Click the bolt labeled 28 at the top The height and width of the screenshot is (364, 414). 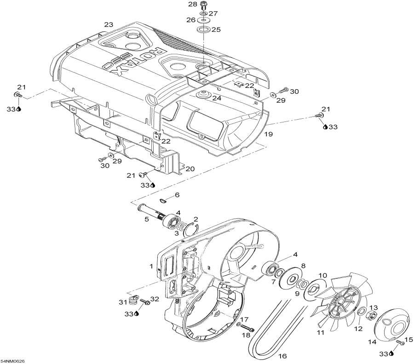pos(203,5)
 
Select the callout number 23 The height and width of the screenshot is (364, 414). pos(109,24)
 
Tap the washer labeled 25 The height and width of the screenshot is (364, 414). pos(203,29)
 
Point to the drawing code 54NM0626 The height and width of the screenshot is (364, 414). pos(11,361)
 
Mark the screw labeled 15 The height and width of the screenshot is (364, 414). pos(400,343)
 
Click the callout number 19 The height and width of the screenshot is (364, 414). pos(269,134)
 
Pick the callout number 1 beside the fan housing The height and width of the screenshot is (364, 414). pos(151,266)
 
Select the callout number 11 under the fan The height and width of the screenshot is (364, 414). pos(320,333)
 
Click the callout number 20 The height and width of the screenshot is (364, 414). pos(190,168)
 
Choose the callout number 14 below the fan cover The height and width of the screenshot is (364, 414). pos(372,342)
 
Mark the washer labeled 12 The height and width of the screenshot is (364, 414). pos(361,311)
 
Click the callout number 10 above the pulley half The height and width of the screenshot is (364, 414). pos(322,276)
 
